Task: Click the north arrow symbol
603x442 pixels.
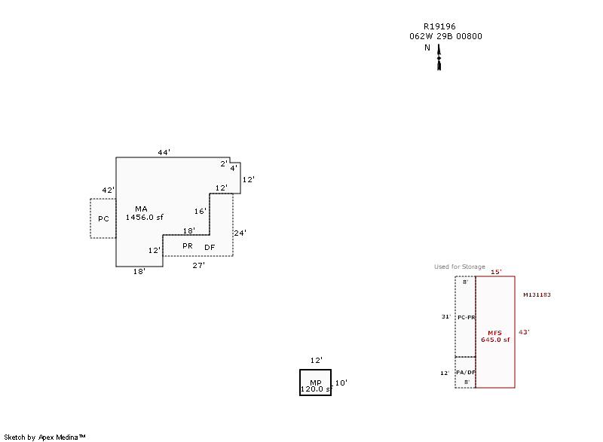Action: tap(439, 57)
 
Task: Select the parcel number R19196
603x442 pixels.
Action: tap(439, 26)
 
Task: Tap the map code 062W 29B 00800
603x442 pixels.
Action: tap(445, 36)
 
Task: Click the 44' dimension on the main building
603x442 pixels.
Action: tap(164, 152)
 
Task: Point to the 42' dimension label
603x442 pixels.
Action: tap(108, 190)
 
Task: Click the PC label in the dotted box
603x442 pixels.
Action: tap(103, 218)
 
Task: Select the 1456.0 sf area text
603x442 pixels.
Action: tap(145, 218)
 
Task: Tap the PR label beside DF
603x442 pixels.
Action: tap(188, 245)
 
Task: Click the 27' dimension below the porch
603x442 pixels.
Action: tap(198, 265)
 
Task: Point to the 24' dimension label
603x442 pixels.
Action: tap(240, 233)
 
